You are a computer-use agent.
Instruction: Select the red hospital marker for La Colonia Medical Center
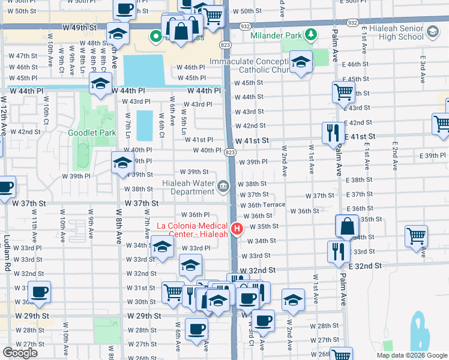[237, 229]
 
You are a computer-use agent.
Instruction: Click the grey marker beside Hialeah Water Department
[223, 187]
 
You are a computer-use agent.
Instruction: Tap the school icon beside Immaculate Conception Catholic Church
[300, 62]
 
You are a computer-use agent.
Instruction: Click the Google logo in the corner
[20, 353]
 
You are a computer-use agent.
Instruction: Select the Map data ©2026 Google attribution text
[412, 355]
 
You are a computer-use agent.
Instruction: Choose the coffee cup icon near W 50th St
[125, 10]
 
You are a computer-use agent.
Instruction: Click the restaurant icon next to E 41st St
[333, 132]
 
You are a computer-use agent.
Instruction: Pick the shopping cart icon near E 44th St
[343, 92]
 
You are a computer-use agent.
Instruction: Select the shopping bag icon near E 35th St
[347, 226]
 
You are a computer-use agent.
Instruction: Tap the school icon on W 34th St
[161, 247]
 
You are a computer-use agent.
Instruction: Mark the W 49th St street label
[82, 28]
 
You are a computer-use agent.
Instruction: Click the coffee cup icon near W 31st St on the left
[40, 292]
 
